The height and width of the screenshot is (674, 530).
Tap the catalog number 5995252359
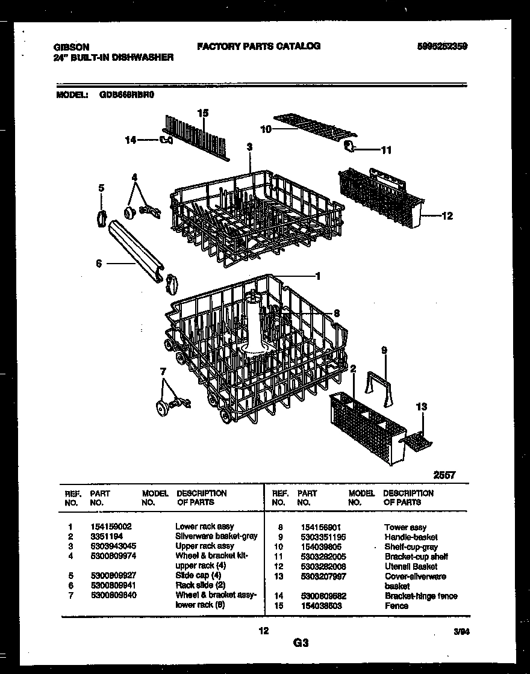pos(441,46)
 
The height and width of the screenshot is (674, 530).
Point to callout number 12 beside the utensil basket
pos(447,216)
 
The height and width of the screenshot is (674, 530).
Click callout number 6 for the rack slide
pos(99,263)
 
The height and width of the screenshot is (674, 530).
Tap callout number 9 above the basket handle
pos(384,350)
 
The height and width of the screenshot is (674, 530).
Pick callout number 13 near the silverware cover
pos(421,407)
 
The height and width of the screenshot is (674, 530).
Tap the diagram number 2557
pos(444,475)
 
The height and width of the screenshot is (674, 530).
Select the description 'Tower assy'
pos(405,527)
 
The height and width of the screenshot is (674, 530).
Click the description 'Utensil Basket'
pos(411,566)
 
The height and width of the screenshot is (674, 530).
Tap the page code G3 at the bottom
pos(301,643)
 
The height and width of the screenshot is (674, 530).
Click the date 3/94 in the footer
pos(462,632)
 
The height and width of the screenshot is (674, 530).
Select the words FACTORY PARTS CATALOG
pos(259,46)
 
